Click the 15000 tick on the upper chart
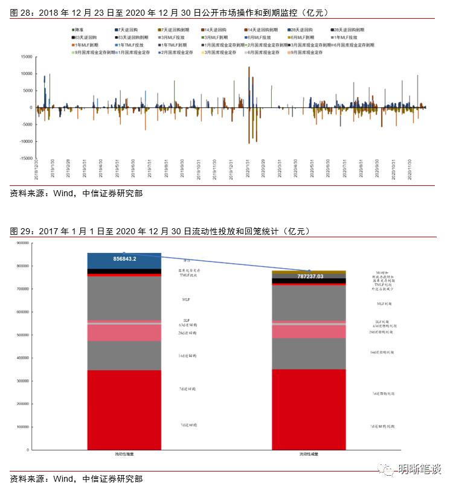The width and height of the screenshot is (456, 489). coord(25,57)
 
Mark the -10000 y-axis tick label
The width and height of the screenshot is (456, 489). coord(25,141)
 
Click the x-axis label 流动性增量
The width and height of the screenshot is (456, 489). coord(124,454)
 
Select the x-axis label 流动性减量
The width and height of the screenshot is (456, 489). coord(309,454)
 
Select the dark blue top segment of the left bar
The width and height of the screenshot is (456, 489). coord(124,260)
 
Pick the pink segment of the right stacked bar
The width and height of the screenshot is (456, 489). coord(309,331)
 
